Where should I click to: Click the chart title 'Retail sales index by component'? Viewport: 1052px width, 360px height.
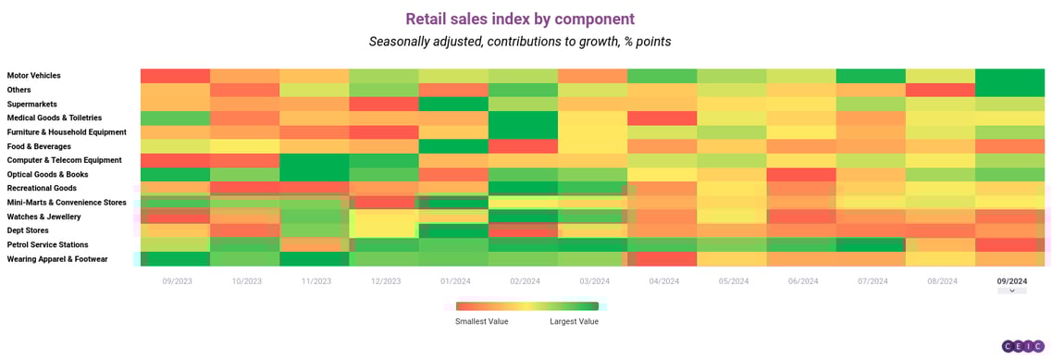tap(520, 19)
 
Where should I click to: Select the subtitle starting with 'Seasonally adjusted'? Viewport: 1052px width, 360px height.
tap(520, 42)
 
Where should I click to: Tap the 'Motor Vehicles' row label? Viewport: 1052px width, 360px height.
tap(33, 76)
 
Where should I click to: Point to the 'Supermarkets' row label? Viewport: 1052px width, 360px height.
tap(32, 104)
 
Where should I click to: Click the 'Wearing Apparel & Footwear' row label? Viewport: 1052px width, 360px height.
tap(57, 259)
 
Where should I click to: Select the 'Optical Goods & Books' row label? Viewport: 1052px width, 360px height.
tap(49, 174)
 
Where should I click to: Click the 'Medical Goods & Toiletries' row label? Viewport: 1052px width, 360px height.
tap(55, 118)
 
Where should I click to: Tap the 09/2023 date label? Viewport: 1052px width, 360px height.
tap(177, 280)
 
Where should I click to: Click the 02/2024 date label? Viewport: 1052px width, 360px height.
tap(525, 280)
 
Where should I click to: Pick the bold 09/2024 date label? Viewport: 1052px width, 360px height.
tap(1011, 280)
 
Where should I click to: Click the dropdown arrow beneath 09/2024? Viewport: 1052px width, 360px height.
tap(1011, 291)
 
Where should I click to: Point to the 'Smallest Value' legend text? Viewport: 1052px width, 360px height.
tap(481, 321)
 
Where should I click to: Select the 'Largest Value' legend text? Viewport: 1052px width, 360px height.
tap(575, 321)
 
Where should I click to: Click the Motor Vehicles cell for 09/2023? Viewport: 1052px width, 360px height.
tap(176, 76)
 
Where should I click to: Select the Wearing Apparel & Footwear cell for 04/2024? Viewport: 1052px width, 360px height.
tap(662, 259)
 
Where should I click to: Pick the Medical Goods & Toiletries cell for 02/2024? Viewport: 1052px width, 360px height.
tap(524, 118)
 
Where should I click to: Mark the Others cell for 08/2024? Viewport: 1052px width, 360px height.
tap(940, 90)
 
